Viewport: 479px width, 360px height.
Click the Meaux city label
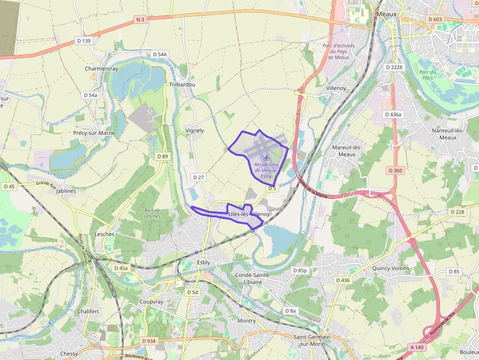[x=386, y=14]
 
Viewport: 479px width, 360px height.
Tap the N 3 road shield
[x=140, y=20]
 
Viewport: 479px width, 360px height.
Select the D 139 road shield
[x=84, y=41]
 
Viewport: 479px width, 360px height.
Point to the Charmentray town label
[x=102, y=69]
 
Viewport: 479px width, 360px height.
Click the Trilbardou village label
[x=182, y=84]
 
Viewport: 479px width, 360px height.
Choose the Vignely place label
[x=195, y=130]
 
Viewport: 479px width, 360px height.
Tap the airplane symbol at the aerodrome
[x=265, y=158]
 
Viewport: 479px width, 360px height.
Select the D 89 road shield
[x=162, y=156]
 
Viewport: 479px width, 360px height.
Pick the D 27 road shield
[x=198, y=177]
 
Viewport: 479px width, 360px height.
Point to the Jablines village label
[x=66, y=191]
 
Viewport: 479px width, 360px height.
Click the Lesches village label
[x=104, y=234]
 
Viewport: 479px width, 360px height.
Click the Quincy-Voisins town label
[x=391, y=269]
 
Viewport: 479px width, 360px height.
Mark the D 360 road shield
[x=395, y=170]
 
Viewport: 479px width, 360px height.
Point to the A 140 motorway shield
[x=416, y=346]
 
